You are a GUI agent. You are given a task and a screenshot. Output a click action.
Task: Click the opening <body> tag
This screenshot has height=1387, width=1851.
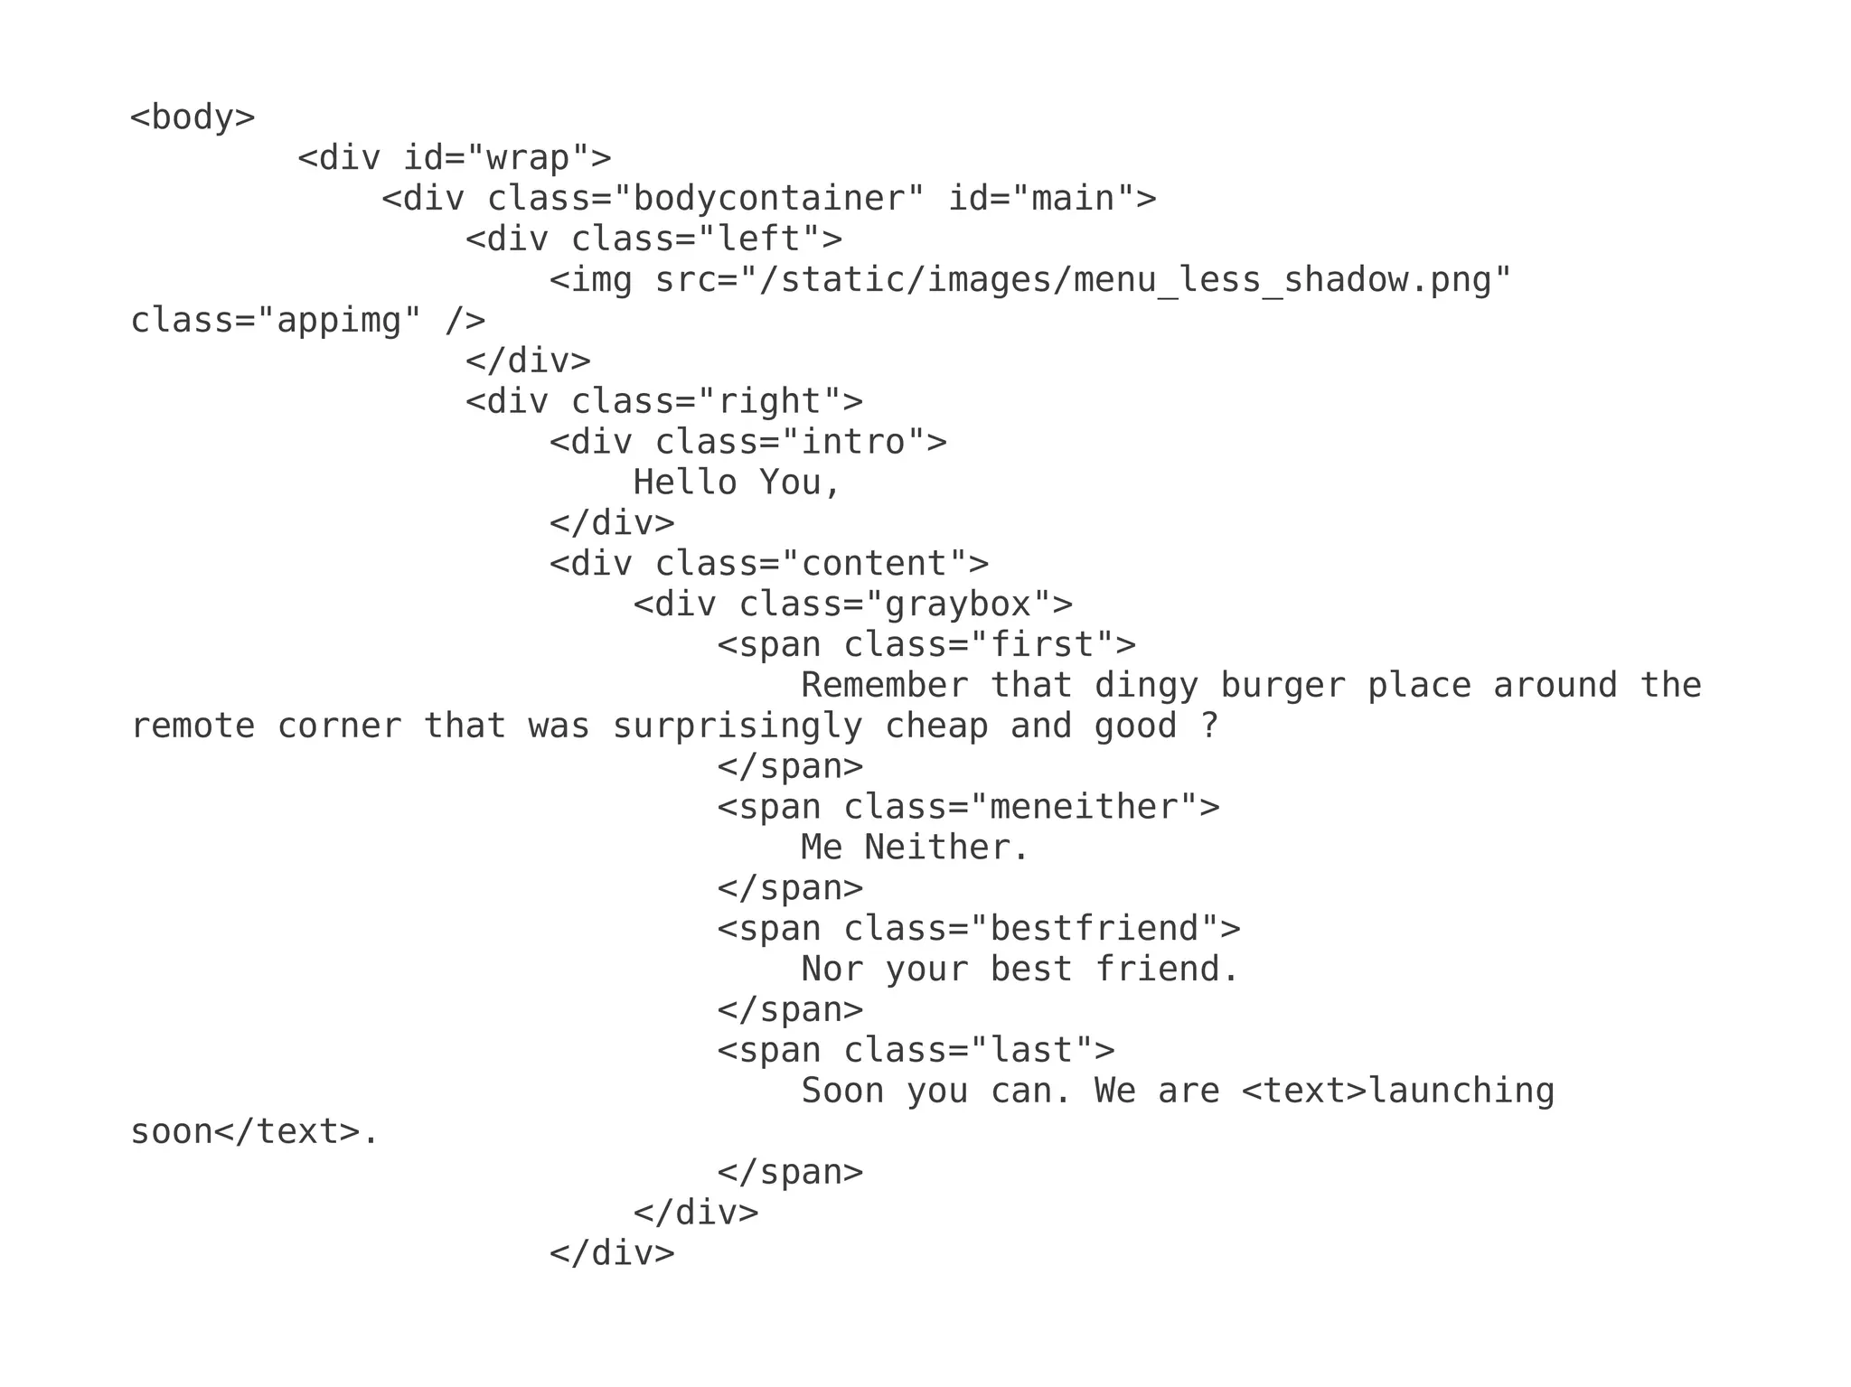point(193,117)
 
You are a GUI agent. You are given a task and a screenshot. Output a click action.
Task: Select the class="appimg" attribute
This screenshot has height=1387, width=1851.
point(276,321)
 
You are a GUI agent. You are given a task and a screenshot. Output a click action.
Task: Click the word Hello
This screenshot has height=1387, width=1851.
point(685,483)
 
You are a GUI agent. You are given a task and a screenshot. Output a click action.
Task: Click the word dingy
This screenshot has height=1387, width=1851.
point(1146,686)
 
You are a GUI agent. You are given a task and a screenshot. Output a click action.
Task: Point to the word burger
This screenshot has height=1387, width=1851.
point(1283,686)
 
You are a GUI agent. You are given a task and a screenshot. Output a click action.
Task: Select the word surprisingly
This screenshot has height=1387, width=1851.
point(738,726)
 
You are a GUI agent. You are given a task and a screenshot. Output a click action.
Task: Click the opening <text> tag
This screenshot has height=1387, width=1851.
point(1303,1092)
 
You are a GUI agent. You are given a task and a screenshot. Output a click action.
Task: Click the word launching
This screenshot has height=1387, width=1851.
point(1461,1092)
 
